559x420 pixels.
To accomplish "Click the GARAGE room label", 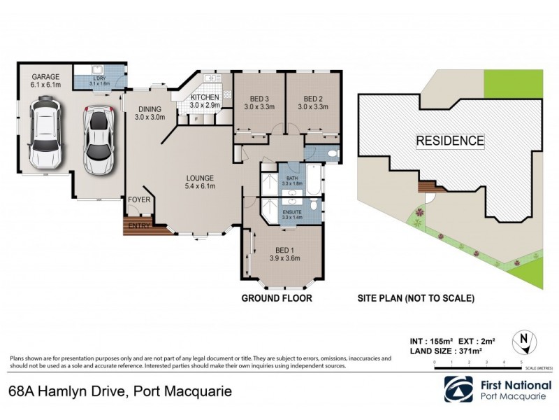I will click(45, 76).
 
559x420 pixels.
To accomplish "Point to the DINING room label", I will click(150, 109).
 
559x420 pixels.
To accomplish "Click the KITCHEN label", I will click(205, 97).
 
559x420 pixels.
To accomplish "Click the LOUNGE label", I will click(199, 178).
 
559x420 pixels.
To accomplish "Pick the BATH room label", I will click(291, 178).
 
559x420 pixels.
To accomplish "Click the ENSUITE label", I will click(291, 211).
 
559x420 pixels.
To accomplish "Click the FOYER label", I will click(138, 201).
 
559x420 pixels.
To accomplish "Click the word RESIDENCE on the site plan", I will click(450, 141).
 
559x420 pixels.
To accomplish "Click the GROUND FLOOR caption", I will click(277, 298).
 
